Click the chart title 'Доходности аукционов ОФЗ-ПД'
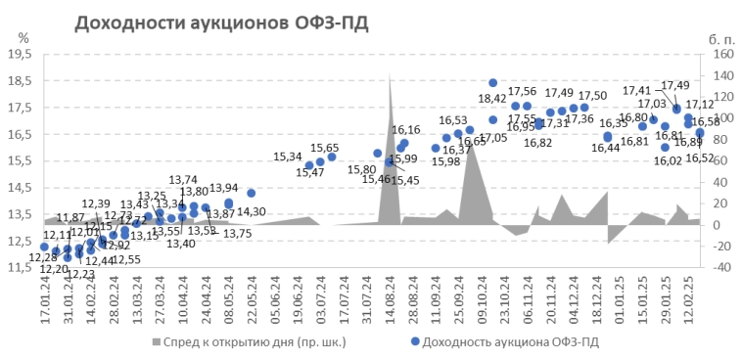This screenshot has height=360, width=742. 222,22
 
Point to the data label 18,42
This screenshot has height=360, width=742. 491,98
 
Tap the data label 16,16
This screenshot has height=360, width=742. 406,130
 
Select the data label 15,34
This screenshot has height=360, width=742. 288,156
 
